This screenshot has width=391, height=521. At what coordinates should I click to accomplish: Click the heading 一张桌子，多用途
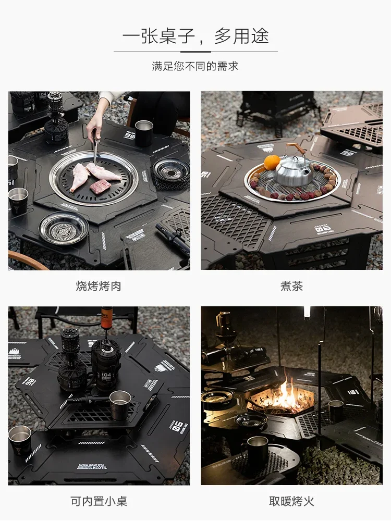pyautogui.click(x=195, y=36)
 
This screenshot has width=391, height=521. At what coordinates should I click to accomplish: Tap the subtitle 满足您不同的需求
pyautogui.click(x=195, y=66)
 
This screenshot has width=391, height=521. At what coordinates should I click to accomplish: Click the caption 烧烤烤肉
pyautogui.click(x=99, y=286)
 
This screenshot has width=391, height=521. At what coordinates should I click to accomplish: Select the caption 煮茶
pyautogui.click(x=291, y=286)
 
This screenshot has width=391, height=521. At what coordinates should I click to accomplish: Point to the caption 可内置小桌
pyautogui.click(x=99, y=501)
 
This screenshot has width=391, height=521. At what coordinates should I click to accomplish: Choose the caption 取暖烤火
pyautogui.click(x=291, y=501)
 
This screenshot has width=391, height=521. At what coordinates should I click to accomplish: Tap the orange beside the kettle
pyautogui.click(x=272, y=163)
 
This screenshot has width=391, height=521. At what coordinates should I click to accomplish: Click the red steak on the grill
pyautogui.click(x=100, y=187)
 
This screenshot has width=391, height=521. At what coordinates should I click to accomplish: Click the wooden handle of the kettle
pyautogui.click(x=296, y=149)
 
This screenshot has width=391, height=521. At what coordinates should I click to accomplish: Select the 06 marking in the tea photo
pyautogui.click(x=323, y=228)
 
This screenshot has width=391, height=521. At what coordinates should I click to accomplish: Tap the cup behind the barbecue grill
pyautogui.click(x=143, y=133)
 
